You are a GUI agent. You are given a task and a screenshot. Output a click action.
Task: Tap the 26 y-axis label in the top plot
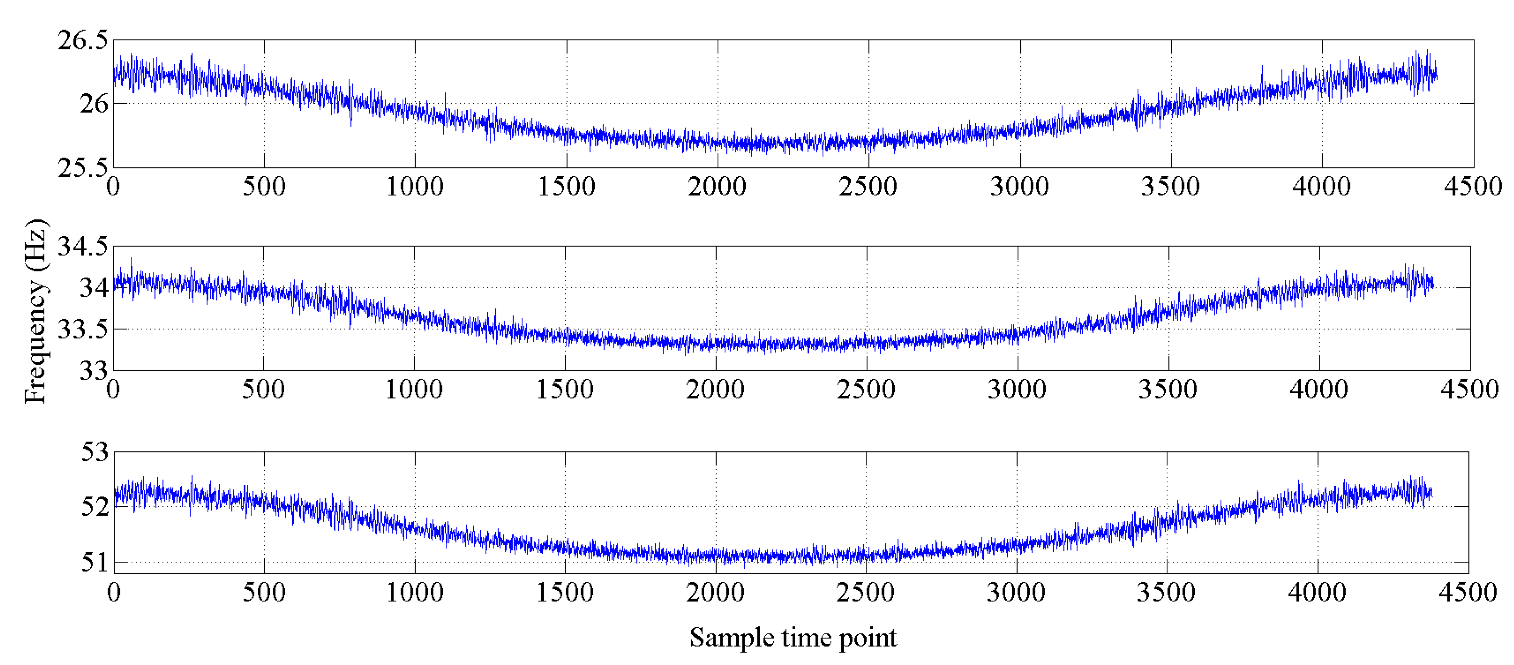click(x=94, y=104)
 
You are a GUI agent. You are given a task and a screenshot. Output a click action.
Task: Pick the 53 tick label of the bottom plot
click(x=95, y=452)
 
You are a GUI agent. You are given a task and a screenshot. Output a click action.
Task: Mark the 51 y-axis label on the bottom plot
click(x=95, y=562)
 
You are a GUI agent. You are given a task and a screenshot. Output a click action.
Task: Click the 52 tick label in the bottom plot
click(x=95, y=507)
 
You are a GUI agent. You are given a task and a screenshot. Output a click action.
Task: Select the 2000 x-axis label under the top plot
click(x=717, y=187)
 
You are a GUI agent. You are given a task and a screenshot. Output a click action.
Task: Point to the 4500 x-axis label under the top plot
click(x=1473, y=187)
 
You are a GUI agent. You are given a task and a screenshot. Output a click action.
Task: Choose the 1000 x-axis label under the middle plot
click(x=414, y=390)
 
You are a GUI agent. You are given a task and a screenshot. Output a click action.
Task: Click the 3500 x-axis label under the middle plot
click(x=1168, y=390)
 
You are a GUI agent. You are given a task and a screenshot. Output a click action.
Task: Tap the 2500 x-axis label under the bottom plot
click(x=865, y=592)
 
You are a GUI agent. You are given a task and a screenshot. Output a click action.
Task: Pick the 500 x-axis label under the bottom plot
click(x=264, y=592)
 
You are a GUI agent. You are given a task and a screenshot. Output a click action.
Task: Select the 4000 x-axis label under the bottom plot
click(x=1317, y=592)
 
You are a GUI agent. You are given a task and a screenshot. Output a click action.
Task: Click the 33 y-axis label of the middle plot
click(x=94, y=371)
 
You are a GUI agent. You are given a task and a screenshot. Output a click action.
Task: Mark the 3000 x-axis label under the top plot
click(x=1020, y=187)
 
